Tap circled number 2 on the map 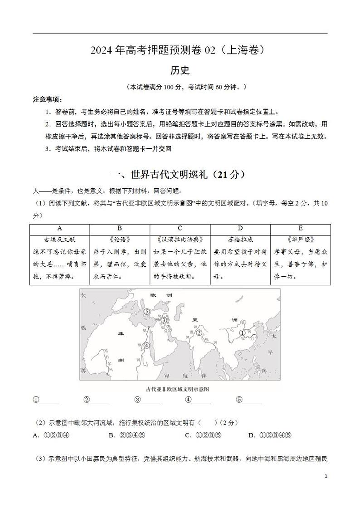pyautogui.click(x=199, y=333)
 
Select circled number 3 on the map pyautogui.click(x=164, y=320)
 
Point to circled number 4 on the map pyautogui.click(x=146, y=345)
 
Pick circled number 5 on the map pyautogui.click(x=146, y=311)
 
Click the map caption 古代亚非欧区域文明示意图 pyautogui.click(x=180, y=389)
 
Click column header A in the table pyautogui.click(x=60, y=228)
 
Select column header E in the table pyautogui.click(x=300, y=228)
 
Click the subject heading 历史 pyautogui.click(x=180, y=70)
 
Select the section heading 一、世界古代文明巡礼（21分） pyautogui.click(x=180, y=175)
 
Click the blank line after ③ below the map pyautogui.click(x=151, y=401)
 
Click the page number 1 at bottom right pyautogui.click(x=326, y=476)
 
